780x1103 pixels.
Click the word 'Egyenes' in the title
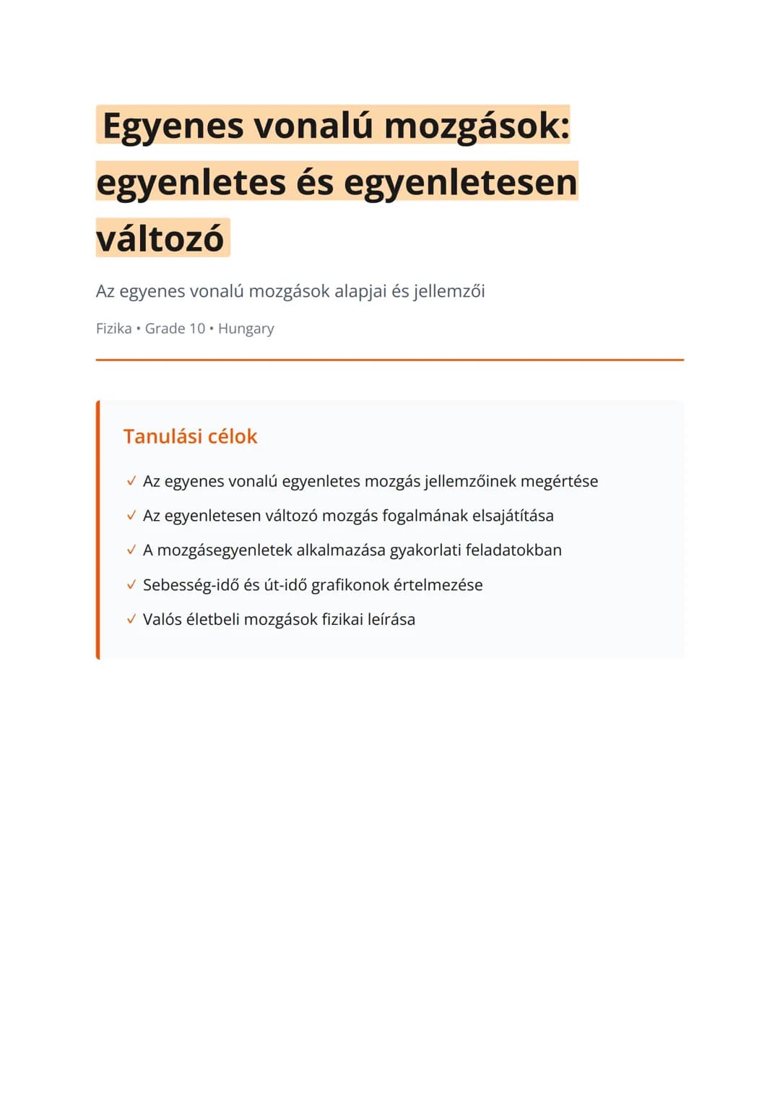coord(173,126)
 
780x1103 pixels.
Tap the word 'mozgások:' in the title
coord(477,125)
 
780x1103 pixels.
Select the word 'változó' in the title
coord(160,238)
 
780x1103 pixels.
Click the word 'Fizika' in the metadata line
coord(114,329)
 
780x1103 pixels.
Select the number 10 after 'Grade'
coord(196,329)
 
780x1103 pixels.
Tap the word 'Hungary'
coord(246,329)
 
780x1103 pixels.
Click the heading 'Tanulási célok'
coord(190,436)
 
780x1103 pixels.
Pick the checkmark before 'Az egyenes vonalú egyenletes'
coord(131,481)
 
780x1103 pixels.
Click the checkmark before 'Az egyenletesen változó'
coord(131,516)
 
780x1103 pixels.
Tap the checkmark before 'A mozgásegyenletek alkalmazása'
coord(131,550)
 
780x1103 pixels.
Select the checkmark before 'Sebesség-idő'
coord(131,585)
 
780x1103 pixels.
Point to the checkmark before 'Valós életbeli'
coord(131,620)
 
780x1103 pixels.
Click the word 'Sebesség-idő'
coord(191,585)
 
